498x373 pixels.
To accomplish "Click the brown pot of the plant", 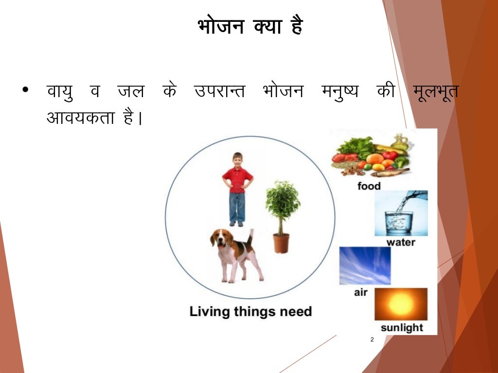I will (281, 243).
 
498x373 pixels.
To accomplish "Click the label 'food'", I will (369, 186).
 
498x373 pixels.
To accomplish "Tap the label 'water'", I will (401, 242).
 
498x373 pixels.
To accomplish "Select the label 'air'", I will (361, 292).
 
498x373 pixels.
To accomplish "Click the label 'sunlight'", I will (402, 328).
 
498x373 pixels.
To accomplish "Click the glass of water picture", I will (399, 221).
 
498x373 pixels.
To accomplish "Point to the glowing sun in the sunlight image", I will (401, 304).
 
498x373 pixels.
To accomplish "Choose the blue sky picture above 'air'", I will (365, 266).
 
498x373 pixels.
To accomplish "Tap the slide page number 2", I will (372, 339).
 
